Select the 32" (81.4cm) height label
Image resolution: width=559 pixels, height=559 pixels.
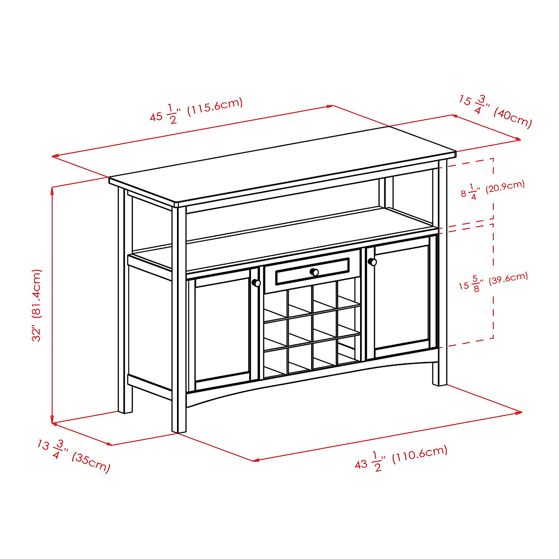pos(37,305)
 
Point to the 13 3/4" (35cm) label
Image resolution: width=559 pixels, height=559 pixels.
pos(74,456)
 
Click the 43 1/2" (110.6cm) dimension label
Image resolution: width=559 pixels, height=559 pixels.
pos(401,458)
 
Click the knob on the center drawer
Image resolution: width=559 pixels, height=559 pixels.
pos(314,272)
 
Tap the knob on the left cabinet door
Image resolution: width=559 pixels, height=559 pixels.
pos(256,283)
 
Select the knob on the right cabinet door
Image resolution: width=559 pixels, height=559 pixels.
pos(372,262)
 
